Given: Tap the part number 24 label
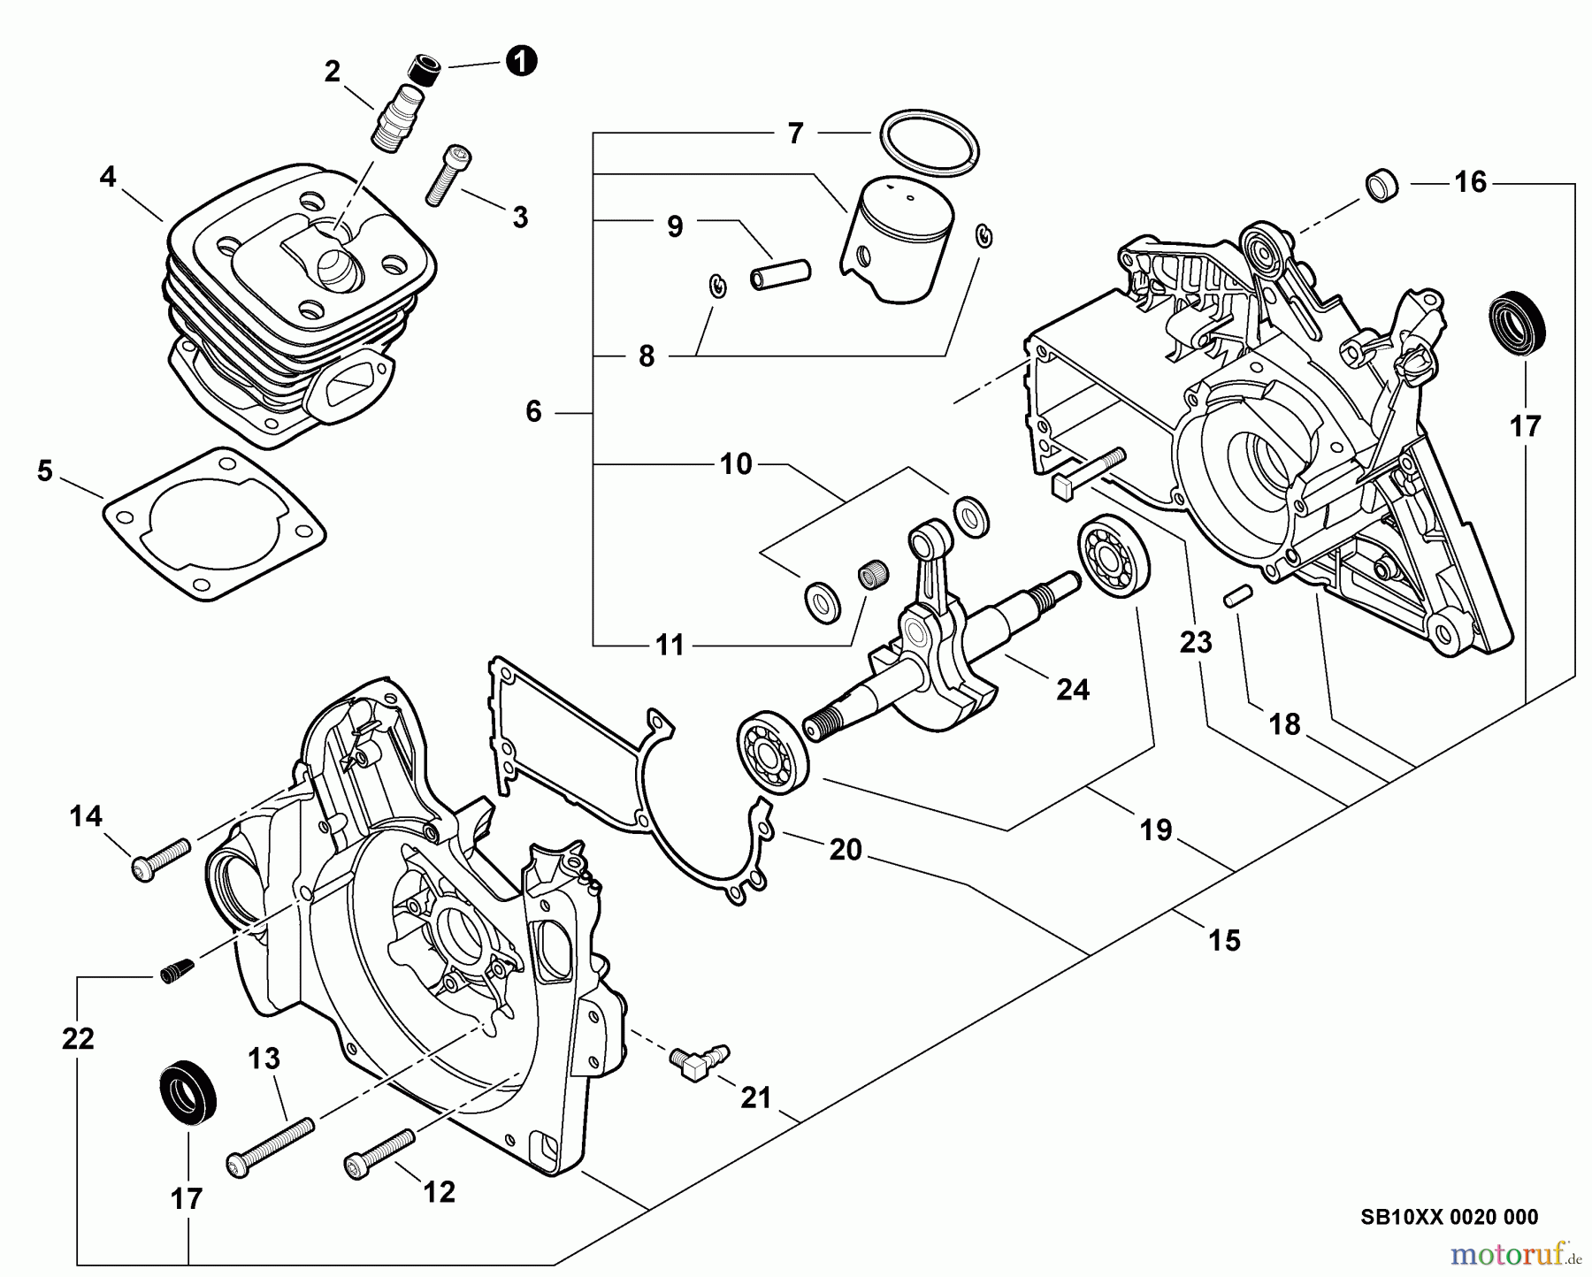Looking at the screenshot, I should [1073, 689].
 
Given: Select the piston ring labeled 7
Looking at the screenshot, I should [929, 141].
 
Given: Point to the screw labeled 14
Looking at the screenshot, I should [160, 858].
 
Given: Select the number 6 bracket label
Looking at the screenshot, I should [533, 411].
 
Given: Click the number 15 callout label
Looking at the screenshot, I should [1224, 939].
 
